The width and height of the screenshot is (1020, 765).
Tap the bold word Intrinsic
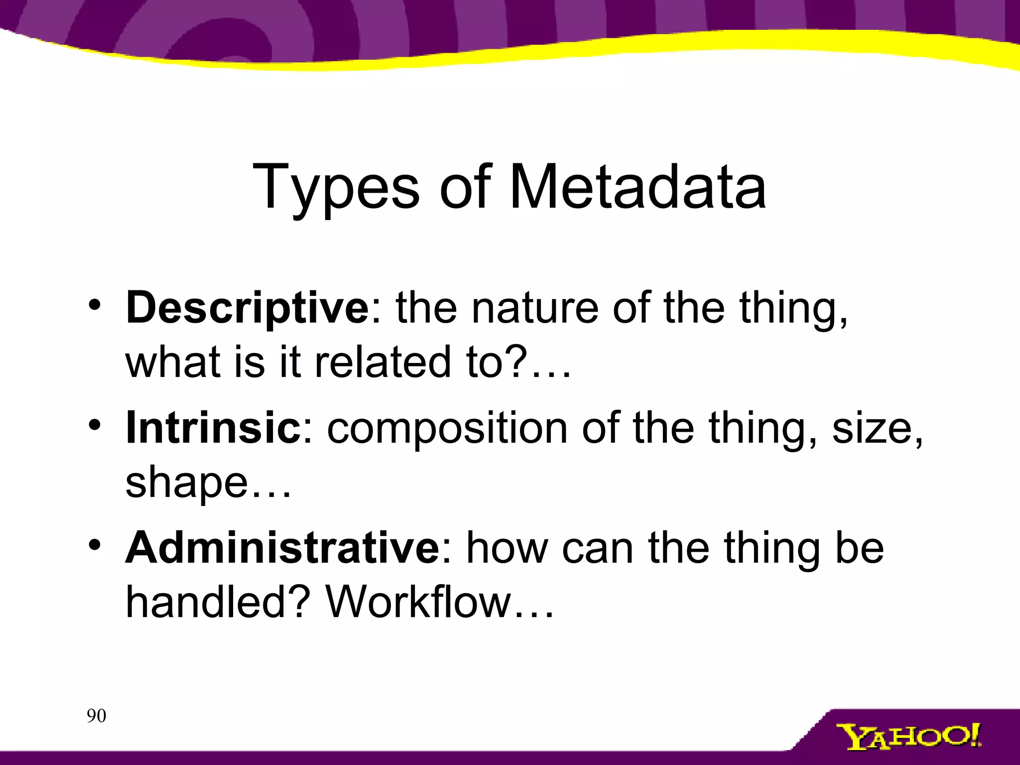213,428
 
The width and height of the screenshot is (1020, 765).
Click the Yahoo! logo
908,738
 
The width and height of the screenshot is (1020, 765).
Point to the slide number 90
96,716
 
